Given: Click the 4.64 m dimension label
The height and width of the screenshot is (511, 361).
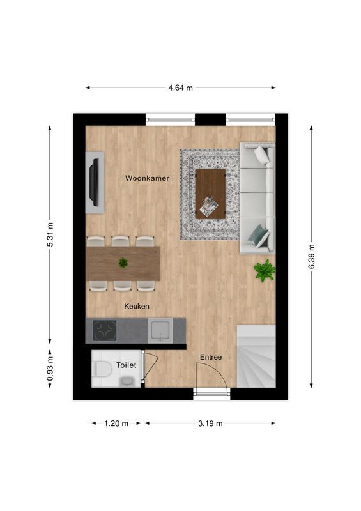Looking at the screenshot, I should tap(180, 88).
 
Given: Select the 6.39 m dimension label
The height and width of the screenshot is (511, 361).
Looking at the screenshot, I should tap(311, 257).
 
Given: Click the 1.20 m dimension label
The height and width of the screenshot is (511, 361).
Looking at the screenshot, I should tap(116, 423).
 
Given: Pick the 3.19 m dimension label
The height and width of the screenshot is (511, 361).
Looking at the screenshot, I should tap(210, 423).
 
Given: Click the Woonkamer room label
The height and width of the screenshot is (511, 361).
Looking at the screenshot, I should tap(147, 178).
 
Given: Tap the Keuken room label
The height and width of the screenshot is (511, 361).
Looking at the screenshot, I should tap(136, 307).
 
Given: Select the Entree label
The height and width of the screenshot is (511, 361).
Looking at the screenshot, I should tap(211, 357).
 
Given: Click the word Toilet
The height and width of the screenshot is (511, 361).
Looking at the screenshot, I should tap(126, 365).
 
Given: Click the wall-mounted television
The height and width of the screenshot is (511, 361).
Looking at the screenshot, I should tap(94, 181).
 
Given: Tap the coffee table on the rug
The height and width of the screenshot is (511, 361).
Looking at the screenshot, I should tap(210, 194).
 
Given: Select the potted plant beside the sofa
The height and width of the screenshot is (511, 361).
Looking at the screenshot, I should tap(264, 270).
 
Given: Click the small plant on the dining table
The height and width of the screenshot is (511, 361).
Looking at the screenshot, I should tap(123, 263).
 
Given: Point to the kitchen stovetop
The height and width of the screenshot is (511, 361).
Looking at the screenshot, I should tap(105, 331).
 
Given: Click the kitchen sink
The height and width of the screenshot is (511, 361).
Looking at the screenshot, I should tap(160, 331).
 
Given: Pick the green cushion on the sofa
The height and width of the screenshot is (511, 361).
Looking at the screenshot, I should tap(259, 236).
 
